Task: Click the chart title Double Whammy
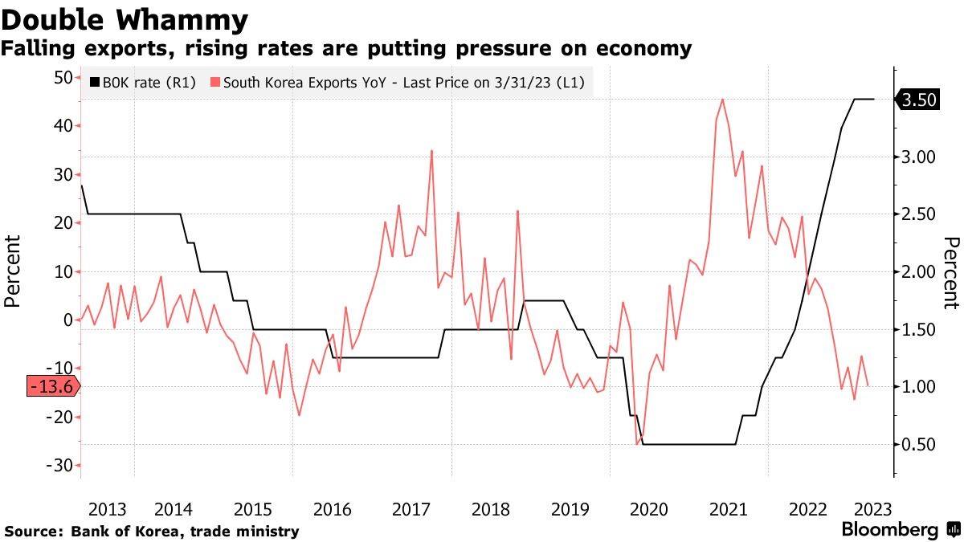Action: coord(125,18)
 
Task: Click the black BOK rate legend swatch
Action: coord(95,82)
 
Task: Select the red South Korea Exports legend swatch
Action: coord(214,82)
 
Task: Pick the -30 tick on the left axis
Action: coord(59,466)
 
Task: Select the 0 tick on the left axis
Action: coord(67,320)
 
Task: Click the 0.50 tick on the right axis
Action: coord(918,445)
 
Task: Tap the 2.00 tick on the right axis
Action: coord(918,271)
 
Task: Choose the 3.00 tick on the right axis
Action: coord(918,157)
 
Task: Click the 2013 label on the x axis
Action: coord(107,509)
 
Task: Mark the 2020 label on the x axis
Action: coord(649,509)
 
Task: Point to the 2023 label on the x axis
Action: coord(872,509)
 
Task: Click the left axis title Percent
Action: coord(13,271)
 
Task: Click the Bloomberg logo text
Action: coord(889,530)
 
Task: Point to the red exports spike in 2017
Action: coord(432,151)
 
